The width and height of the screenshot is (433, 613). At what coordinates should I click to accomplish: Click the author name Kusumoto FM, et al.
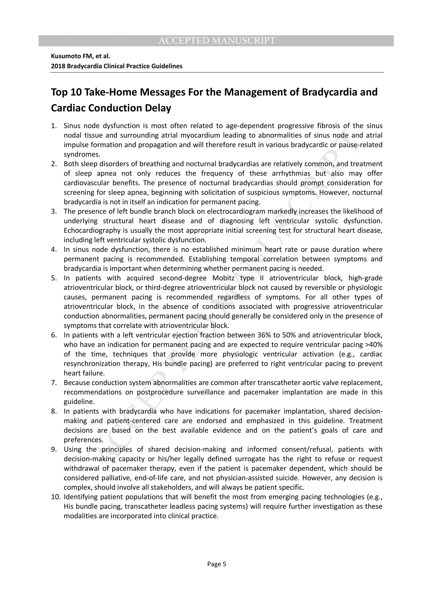pyautogui.click(x=81, y=56)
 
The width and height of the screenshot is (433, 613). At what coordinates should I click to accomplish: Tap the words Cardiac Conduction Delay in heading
pyautogui.click(x=111, y=108)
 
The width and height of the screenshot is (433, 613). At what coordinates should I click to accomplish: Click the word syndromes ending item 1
pyautogui.click(x=82, y=155)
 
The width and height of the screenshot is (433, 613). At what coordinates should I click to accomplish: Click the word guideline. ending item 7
pyautogui.click(x=79, y=402)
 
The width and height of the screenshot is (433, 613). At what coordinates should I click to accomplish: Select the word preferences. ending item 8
pyautogui.click(x=83, y=440)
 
